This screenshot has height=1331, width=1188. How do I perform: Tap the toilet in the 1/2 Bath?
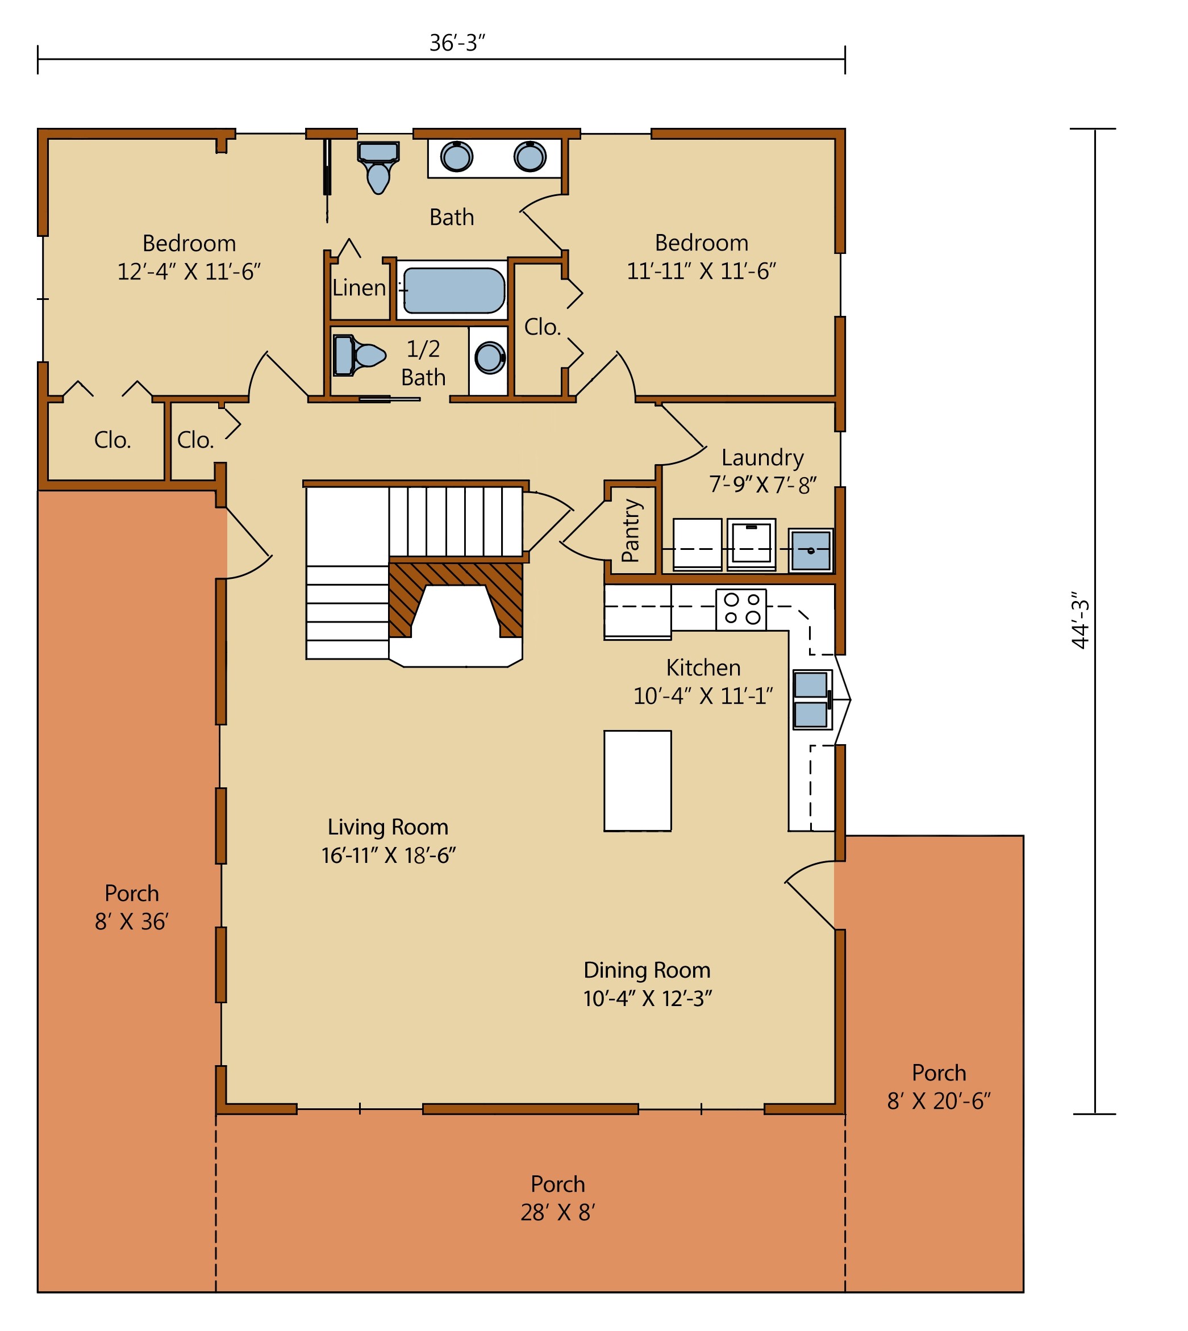(359, 355)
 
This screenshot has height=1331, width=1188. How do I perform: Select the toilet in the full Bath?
(378, 168)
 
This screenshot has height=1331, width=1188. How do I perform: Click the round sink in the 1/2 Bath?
(490, 358)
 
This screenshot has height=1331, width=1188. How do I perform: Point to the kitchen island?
(637, 781)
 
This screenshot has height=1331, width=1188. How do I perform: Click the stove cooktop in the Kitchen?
(741, 608)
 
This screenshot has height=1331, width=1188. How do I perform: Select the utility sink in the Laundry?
(811, 550)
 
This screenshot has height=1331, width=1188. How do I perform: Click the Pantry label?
(631, 530)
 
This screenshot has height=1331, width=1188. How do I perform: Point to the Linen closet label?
(359, 287)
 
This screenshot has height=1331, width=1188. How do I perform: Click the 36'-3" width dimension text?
(457, 43)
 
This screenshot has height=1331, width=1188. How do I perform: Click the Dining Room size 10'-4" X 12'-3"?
(648, 998)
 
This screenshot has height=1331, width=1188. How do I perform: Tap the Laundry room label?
(762, 458)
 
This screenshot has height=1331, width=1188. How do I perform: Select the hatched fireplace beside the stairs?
(456, 599)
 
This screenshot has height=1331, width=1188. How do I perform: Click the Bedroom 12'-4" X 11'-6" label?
(189, 257)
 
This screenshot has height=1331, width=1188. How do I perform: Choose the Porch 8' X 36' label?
(132, 907)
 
